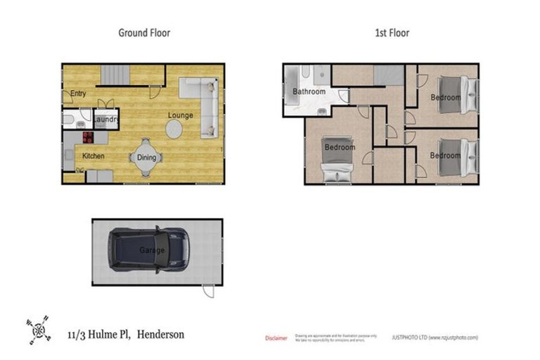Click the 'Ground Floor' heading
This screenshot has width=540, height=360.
pyautogui.click(x=143, y=32)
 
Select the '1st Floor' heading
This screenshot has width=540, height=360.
pyautogui.click(x=393, y=32)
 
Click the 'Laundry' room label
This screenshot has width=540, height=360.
pyautogui.click(x=105, y=121)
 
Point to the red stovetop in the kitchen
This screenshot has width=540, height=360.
pyautogui.click(x=89, y=137)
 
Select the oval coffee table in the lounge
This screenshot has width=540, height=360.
pyautogui.click(x=174, y=129)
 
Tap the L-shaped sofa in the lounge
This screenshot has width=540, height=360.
pyautogui.click(x=204, y=98)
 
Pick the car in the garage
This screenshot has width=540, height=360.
pyautogui.click(x=148, y=250)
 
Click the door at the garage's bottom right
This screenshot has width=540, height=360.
pyautogui.click(x=207, y=290)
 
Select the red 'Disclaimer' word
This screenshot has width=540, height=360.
pyautogui.click(x=276, y=338)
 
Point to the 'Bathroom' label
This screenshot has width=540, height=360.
pyautogui.click(x=309, y=92)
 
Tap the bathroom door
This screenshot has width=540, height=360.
pyautogui.click(x=344, y=98)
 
